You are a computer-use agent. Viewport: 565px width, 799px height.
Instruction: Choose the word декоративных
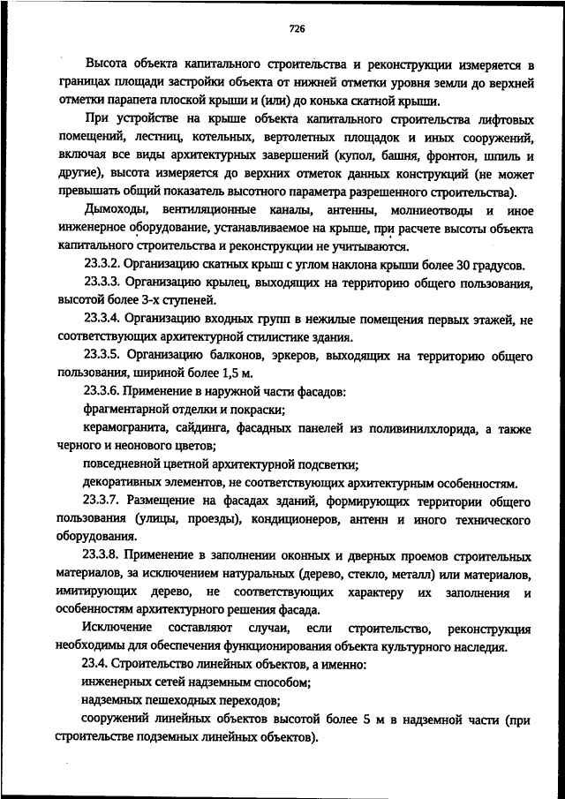(122, 483)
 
